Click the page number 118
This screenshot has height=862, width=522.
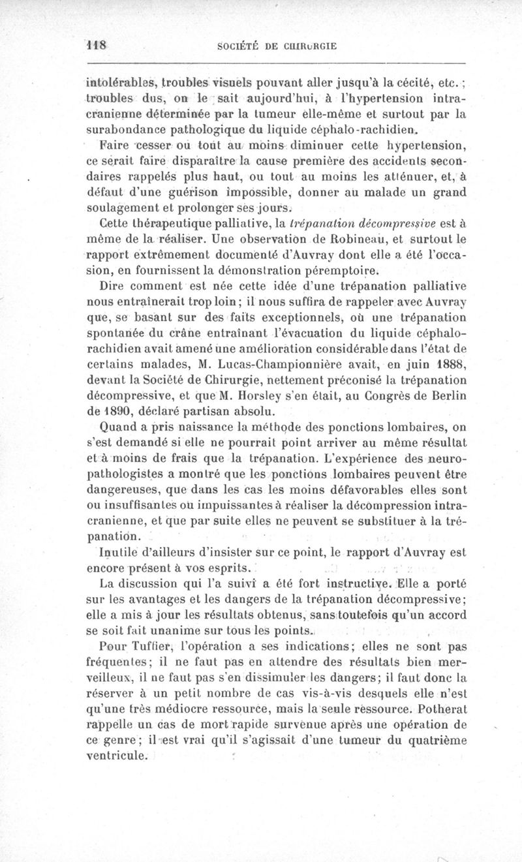coord(96,46)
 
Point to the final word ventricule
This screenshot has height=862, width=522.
coord(117,756)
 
